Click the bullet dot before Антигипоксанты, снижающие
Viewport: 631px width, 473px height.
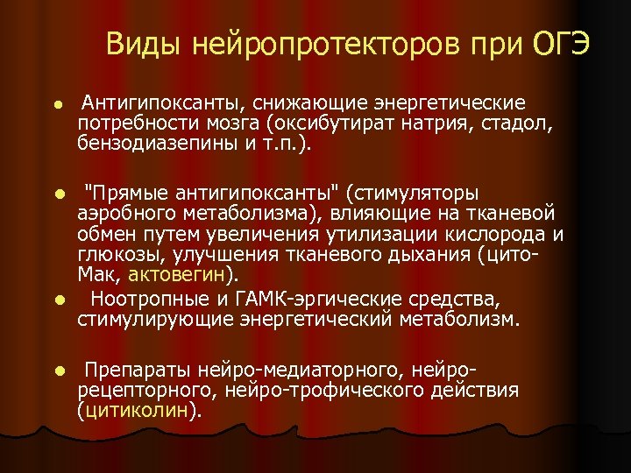pos(57,104)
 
